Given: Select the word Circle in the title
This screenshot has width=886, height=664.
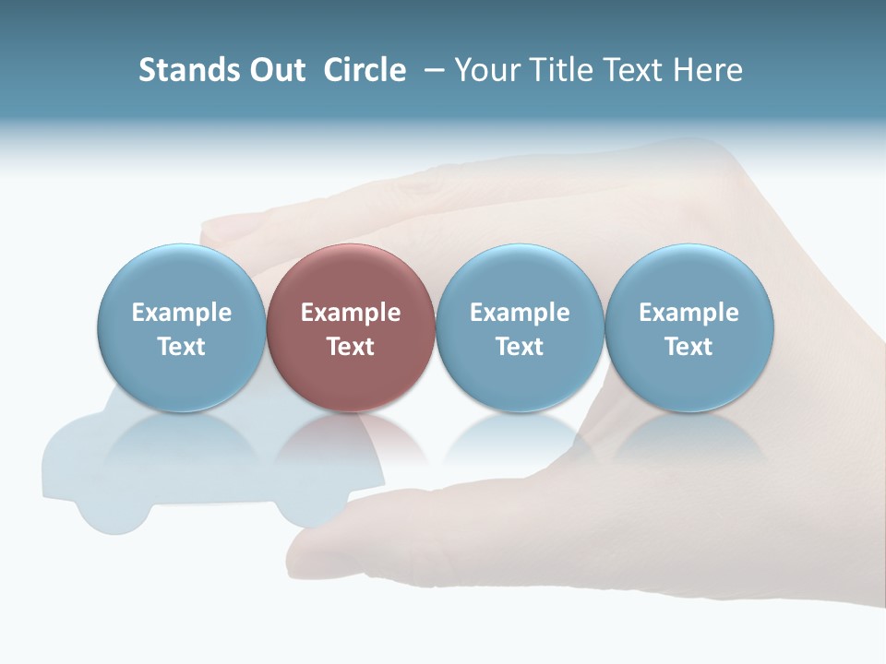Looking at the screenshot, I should (x=365, y=70).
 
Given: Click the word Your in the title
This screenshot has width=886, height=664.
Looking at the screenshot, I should (x=485, y=70).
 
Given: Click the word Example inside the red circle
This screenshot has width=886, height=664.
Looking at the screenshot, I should (x=351, y=313).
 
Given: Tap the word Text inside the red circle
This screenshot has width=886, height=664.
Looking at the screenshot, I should (x=351, y=347).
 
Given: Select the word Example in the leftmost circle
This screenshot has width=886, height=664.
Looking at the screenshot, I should (x=181, y=313).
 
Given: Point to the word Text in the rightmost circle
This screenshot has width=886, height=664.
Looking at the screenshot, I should (x=689, y=347).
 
